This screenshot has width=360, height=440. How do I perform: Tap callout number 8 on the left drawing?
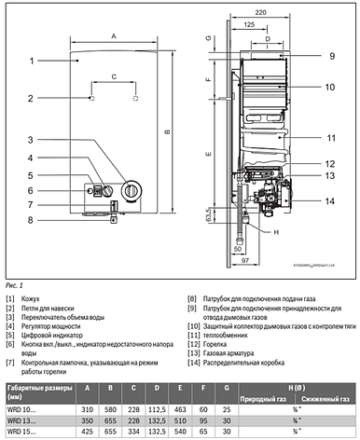click(x=30, y=221)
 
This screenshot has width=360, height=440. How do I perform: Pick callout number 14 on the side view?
click(x=330, y=200)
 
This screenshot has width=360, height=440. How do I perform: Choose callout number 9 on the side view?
click(x=330, y=56)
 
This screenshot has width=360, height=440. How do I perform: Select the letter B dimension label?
click(x=166, y=131)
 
